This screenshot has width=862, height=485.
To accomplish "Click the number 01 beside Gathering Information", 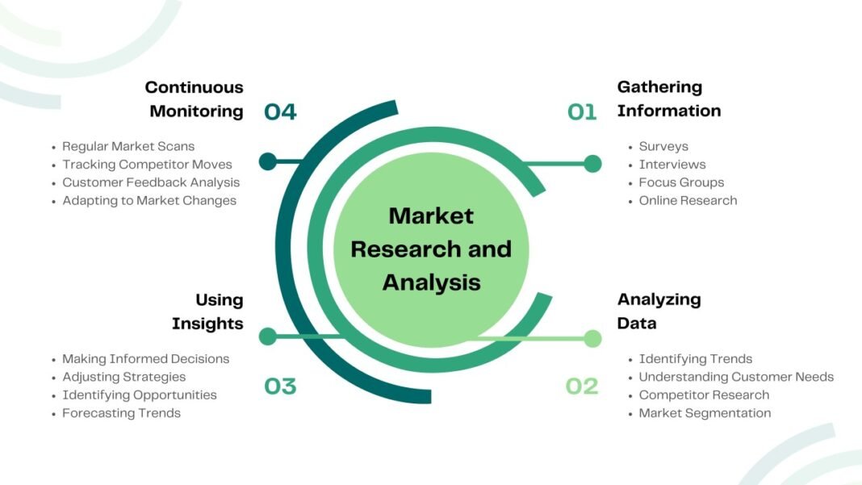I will (x=581, y=112).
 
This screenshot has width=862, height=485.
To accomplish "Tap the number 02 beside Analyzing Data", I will (x=581, y=387).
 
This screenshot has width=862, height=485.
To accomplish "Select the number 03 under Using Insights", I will (x=280, y=387).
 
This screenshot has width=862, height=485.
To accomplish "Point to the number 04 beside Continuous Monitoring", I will (x=280, y=112).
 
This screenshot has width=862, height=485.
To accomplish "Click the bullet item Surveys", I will (x=663, y=146).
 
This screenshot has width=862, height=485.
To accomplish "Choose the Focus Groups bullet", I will (x=681, y=182).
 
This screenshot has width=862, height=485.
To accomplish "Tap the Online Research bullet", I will (x=688, y=200).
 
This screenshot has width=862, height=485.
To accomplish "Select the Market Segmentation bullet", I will (x=705, y=413).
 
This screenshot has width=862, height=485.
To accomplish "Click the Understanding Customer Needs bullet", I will (x=736, y=377).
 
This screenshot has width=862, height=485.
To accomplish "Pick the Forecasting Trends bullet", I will (x=121, y=413).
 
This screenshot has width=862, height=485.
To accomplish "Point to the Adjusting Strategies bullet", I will (x=123, y=377).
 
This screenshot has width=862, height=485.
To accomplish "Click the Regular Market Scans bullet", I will (x=128, y=146).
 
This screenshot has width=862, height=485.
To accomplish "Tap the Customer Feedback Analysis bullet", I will (x=151, y=182).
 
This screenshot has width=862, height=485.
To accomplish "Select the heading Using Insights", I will (x=207, y=311).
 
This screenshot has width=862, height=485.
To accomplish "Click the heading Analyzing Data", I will (x=659, y=311).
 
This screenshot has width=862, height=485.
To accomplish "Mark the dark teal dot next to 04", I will (x=268, y=161).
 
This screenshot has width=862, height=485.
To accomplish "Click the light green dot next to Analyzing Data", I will (x=592, y=338).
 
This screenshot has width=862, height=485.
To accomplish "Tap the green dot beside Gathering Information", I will (x=592, y=164).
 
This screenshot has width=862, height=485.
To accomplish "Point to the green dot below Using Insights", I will (x=268, y=337).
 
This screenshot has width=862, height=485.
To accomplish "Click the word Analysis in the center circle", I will (x=431, y=282).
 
